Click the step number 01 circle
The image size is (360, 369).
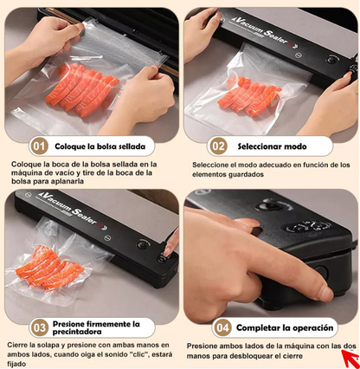click(x=39, y=146)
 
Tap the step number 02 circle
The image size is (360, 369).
click(x=218, y=146)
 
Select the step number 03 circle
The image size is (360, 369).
click(x=39, y=327)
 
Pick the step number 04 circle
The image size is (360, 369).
click(x=222, y=327)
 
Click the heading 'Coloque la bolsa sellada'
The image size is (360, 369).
click(x=100, y=146)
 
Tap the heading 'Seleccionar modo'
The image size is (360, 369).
click(x=272, y=146)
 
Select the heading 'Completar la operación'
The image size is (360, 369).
click(x=285, y=327)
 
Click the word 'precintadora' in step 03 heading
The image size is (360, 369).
click(x=77, y=332)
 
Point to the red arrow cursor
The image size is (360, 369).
click(x=350, y=358)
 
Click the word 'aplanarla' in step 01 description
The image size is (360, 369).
click(x=70, y=181)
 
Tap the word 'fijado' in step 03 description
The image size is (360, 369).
click(x=16, y=364)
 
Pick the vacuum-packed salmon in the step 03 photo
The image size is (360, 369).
click(x=49, y=268)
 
